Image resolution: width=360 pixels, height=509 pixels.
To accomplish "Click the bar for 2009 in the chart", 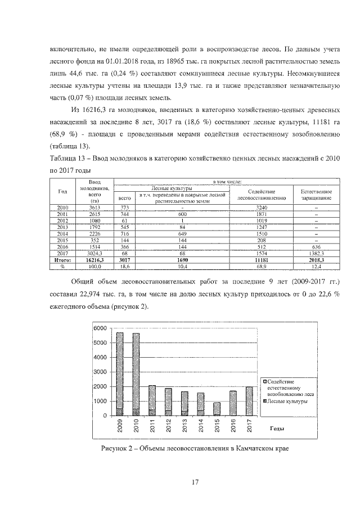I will pyautogui.click(x=120, y=374).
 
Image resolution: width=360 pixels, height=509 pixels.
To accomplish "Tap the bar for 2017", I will pyautogui.click(x=249, y=401).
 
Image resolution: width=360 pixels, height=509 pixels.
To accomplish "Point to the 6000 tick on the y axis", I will pyautogui.click(x=100, y=328).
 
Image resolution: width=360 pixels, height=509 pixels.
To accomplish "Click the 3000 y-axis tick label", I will pyautogui.click(x=100, y=372).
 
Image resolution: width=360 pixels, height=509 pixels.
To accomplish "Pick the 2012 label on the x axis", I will pyautogui.click(x=169, y=426).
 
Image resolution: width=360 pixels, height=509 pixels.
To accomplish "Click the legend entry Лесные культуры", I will pyautogui.click(x=288, y=402).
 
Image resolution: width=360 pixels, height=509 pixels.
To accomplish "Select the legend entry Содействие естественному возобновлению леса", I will pyautogui.click(x=288, y=388).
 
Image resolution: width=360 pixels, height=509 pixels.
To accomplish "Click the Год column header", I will pyautogui.click(x=62, y=191).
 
